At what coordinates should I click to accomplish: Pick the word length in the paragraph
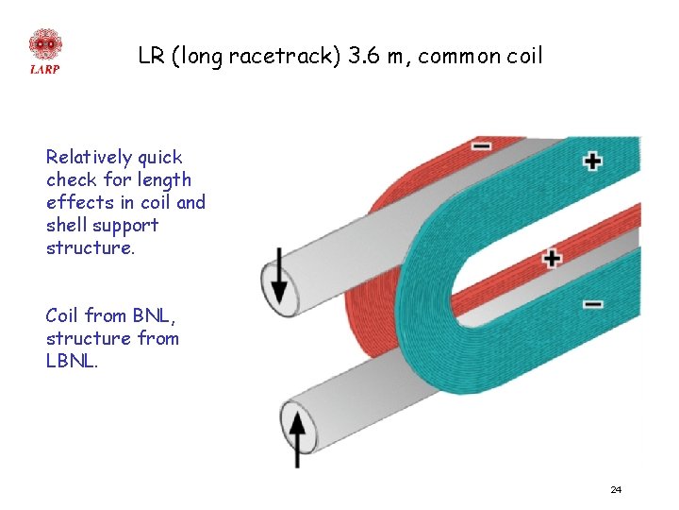click(x=163, y=179)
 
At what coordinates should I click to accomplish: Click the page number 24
click(x=616, y=489)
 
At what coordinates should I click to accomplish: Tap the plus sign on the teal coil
click(x=592, y=161)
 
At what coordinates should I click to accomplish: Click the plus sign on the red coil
click(x=552, y=257)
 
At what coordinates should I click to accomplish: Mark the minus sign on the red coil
click(x=481, y=146)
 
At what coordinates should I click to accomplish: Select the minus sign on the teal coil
click(x=592, y=304)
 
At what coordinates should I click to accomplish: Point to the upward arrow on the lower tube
click(x=298, y=433)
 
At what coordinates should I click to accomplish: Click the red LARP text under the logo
click(x=44, y=69)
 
